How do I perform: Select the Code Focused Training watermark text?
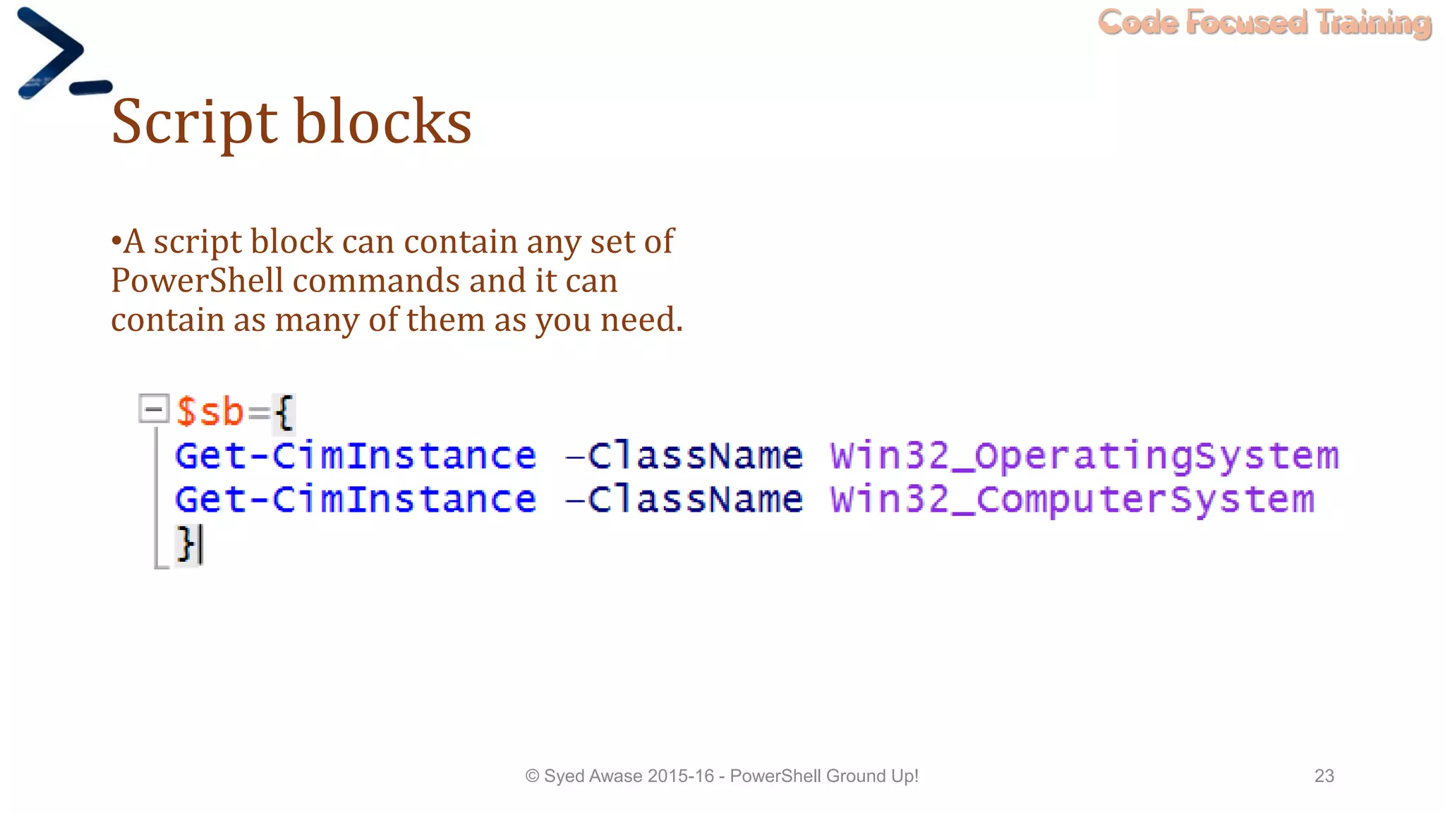1264,23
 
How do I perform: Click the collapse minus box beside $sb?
154,409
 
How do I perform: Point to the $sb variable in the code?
210,411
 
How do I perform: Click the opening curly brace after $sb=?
284,412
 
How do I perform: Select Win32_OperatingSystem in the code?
1084,456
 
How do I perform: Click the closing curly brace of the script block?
186,543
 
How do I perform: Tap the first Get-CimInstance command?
356,456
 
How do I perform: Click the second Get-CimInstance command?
356,500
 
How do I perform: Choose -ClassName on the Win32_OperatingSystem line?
684,456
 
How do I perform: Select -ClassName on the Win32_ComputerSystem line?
684,500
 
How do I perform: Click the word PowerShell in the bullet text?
197,281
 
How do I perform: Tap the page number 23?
1324,776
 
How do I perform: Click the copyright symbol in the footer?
532,776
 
